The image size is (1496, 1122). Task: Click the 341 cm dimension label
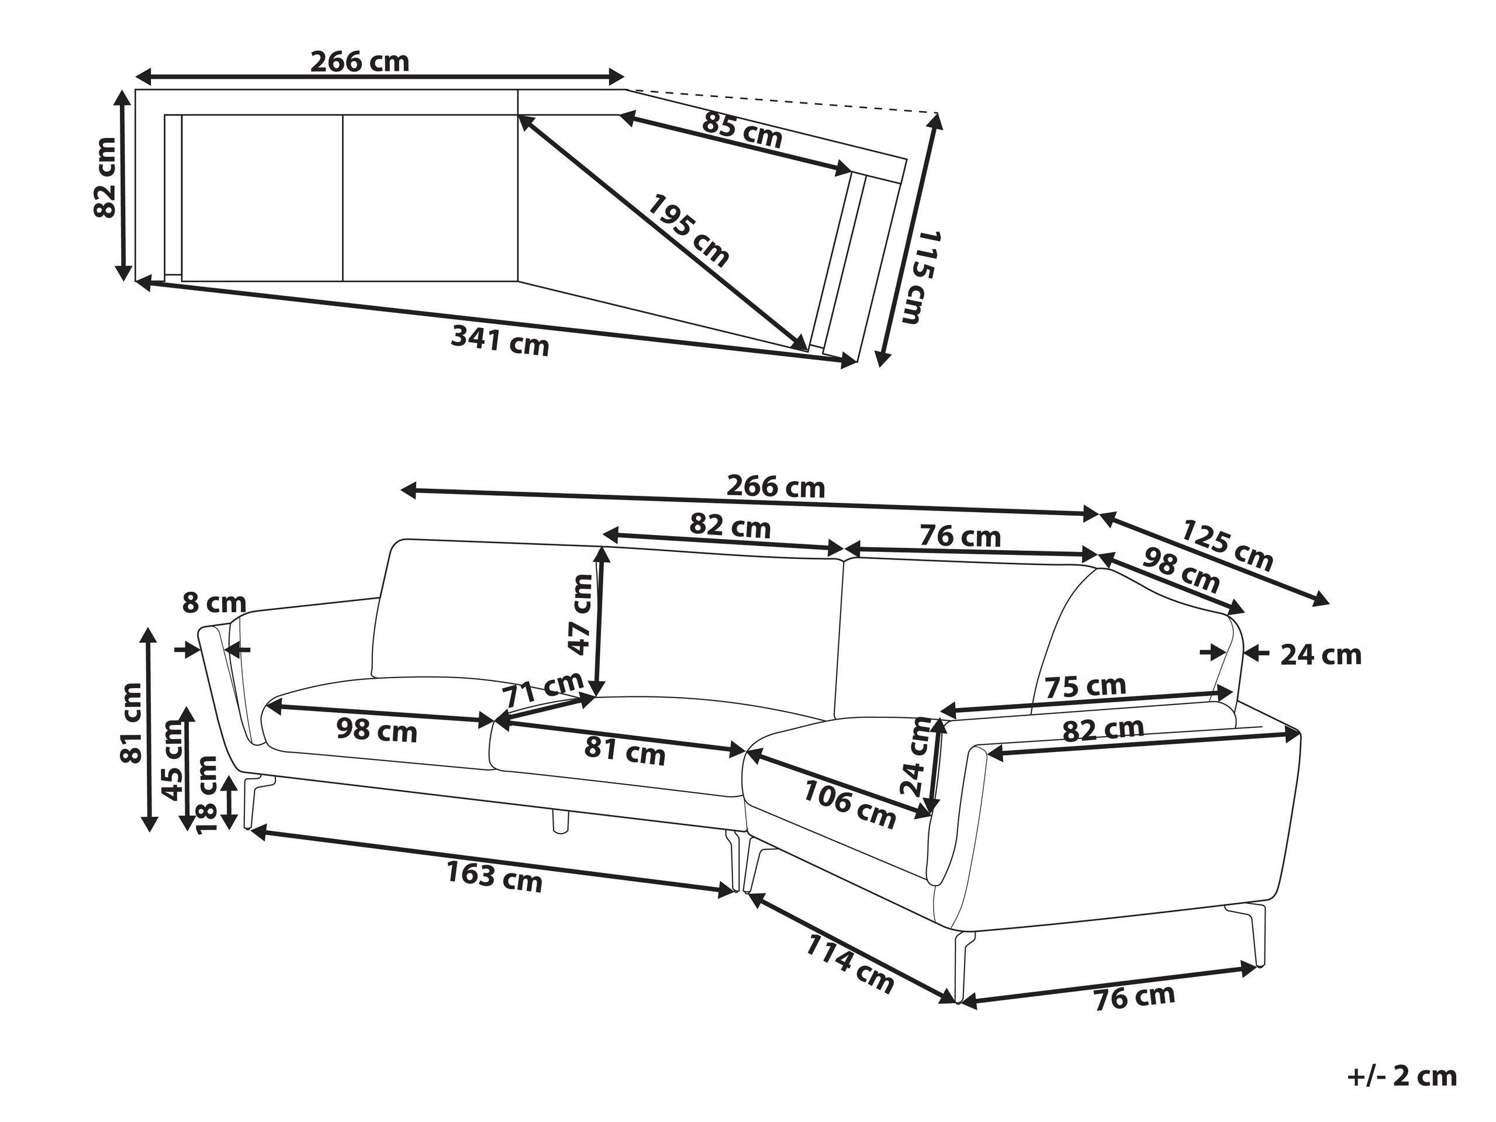pyautogui.click(x=500, y=340)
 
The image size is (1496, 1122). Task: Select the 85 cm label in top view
pyautogui.click(x=742, y=131)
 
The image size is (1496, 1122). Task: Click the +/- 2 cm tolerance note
pyautogui.click(x=1400, y=1076)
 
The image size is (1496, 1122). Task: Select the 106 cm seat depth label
pyautogui.click(x=849, y=804)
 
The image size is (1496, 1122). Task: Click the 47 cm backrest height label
pyautogui.click(x=581, y=614)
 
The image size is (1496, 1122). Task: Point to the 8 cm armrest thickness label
pyautogui.click(x=215, y=603)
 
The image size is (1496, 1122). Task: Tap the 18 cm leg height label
pyautogui.click(x=206, y=795)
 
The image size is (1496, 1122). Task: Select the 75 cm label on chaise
pyautogui.click(x=1086, y=687)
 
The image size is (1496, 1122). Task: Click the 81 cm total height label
pyautogui.click(x=132, y=723)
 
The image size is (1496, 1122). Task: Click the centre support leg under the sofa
pyautogui.click(x=560, y=820)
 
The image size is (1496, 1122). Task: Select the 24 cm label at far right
pyautogui.click(x=1320, y=655)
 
